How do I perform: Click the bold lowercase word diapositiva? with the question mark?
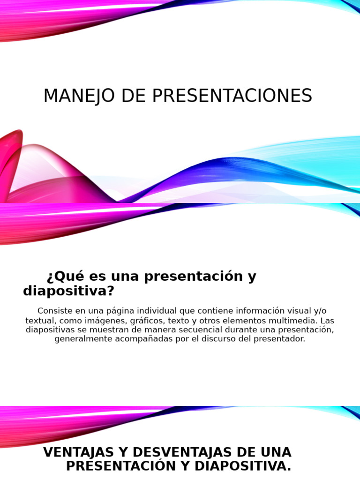68,291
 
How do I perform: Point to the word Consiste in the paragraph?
55,311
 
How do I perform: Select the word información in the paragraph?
262,311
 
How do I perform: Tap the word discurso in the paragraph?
216,339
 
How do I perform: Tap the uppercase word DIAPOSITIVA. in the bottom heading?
241,466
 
